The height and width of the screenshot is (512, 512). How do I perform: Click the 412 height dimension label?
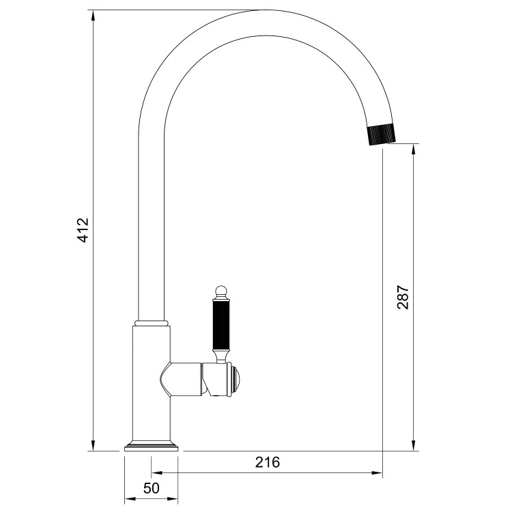(83, 231)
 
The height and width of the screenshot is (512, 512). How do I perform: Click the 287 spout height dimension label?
(403, 298)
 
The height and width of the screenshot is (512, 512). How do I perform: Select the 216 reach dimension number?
(268, 462)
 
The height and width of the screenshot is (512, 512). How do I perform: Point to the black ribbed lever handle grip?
(221, 326)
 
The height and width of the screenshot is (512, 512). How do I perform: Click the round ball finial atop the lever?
(221, 291)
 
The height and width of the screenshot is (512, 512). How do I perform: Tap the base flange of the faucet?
(152, 448)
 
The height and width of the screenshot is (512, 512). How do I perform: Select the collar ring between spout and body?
(152, 322)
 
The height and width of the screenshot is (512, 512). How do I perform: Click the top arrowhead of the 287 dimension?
(414, 149)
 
